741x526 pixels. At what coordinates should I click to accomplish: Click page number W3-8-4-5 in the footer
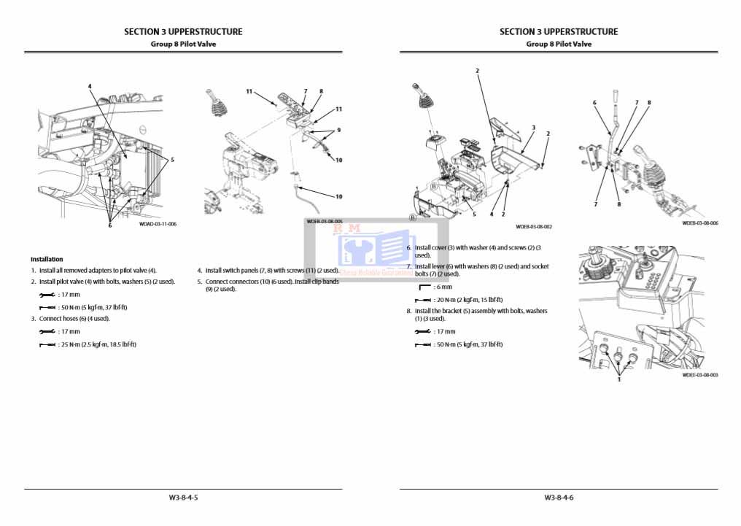click(x=184, y=498)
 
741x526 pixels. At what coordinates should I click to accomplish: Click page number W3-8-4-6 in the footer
click(x=559, y=498)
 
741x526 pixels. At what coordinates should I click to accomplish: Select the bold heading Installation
click(x=47, y=259)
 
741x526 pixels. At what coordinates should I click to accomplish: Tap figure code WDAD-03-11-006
click(x=158, y=224)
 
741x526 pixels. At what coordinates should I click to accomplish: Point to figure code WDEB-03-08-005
click(x=325, y=221)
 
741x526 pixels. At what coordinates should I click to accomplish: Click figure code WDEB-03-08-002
click(x=534, y=227)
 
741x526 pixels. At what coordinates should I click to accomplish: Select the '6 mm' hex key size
click(x=443, y=287)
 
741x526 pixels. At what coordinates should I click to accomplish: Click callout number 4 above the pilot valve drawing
click(x=90, y=86)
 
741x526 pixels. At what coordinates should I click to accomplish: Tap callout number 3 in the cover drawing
click(x=533, y=128)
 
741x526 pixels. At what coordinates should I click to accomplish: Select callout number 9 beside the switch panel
click(x=339, y=130)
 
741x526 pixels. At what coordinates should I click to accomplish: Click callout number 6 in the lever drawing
click(x=594, y=103)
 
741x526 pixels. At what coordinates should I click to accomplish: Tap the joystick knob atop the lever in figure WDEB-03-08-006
click(x=616, y=97)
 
